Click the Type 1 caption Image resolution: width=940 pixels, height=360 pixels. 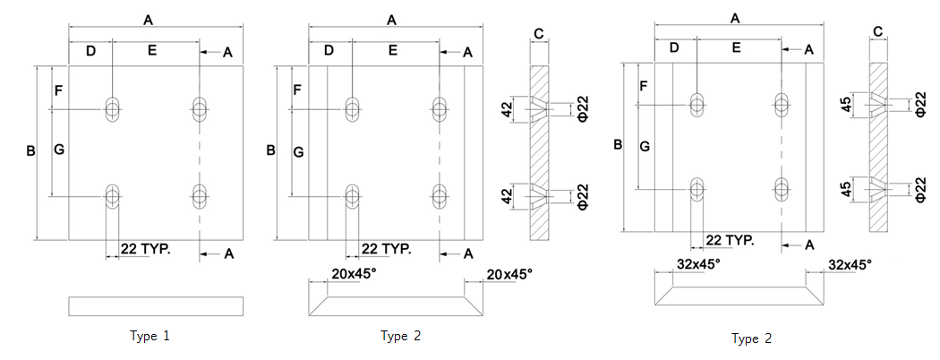coord(150,337)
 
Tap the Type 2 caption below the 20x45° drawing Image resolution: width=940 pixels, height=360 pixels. coord(400,337)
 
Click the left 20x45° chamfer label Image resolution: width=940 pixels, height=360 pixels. coord(353,274)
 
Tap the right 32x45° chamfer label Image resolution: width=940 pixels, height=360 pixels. coord(850,264)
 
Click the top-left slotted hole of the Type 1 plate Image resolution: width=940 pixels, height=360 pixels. coord(112,108)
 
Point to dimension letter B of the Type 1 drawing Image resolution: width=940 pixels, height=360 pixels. coord(30,152)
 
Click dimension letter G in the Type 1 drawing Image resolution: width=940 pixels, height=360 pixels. coord(59,151)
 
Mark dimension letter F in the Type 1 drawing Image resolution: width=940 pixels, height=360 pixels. coord(59,91)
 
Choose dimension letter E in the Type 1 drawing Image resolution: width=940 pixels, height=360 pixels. coord(152,51)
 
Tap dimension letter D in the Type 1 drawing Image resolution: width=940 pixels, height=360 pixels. coord(90,51)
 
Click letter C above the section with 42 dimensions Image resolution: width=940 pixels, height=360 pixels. coord(538,34)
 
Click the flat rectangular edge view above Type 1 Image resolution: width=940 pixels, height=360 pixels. coord(156,306)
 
